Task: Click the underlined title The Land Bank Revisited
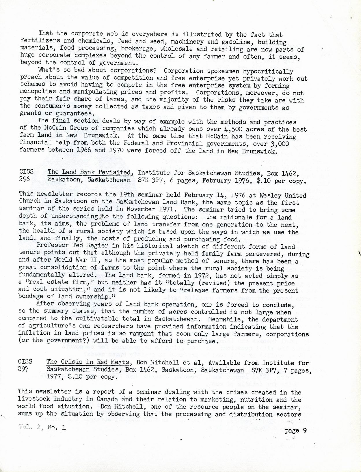pyautogui.click(x=89, y=172)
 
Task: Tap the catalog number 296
pyautogui.click(x=24, y=179)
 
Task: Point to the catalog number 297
pyautogui.click(x=23, y=369)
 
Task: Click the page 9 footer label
pyautogui.click(x=295, y=430)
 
